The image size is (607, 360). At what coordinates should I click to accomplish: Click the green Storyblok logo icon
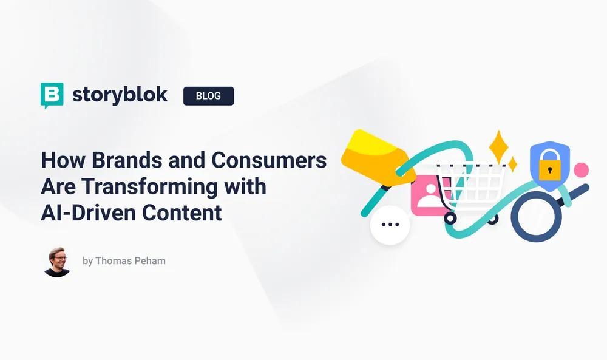tap(52, 95)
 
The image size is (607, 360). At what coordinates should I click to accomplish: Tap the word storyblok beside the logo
tap(120, 95)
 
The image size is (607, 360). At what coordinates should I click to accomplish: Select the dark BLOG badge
tap(208, 96)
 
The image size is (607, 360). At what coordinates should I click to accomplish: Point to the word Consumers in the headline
tap(269, 161)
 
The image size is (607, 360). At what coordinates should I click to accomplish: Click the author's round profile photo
tap(57, 262)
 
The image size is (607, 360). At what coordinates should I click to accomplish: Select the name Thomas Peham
tap(125, 261)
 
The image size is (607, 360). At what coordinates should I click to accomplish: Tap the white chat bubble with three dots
tap(390, 225)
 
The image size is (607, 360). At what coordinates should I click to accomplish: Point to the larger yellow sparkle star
tap(498, 145)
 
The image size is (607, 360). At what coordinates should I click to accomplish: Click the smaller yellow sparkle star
tap(512, 164)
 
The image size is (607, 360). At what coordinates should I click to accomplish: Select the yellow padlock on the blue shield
tap(550, 166)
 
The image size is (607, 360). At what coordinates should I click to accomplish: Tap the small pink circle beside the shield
tap(582, 170)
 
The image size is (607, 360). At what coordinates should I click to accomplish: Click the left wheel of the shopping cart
tap(450, 217)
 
